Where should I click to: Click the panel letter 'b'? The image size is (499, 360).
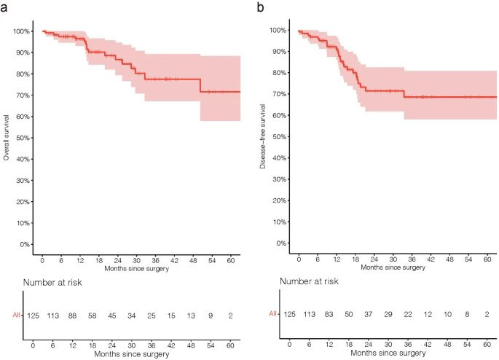pyautogui.click(x=261, y=8)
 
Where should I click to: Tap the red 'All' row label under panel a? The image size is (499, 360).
pyautogui.click(x=15, y=316)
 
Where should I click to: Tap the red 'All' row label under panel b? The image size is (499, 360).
pyautogui.click(x=273, y=314)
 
